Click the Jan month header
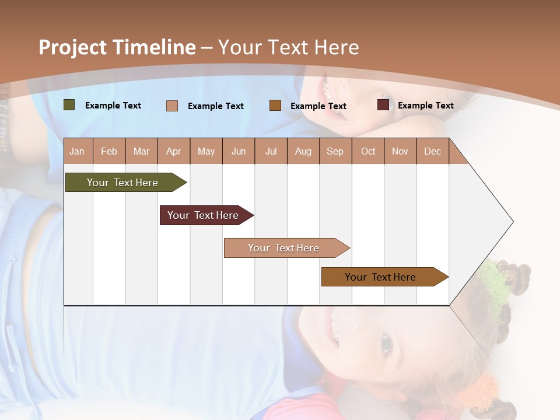click(x=77, y=152)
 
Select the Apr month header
click(x=174, y=152)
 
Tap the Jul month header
click(x=271, y=152)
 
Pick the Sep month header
click(x=335, y=152)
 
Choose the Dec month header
click(x=432, y=152)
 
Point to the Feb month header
click(x=109, y=152)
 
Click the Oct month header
click(x=368, y=152)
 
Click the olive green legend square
click(x=69, y=105)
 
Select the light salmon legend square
click(x=172, y=106)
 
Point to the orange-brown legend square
click(x=275, y=106)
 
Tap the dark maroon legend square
click(x=383, y=105)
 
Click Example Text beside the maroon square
click(x=425, y=106)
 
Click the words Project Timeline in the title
click(x=117, y=47)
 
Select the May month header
click(x=206, y=152)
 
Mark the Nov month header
click(x=400, y=152)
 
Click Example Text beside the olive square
click(x=113, y=106)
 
